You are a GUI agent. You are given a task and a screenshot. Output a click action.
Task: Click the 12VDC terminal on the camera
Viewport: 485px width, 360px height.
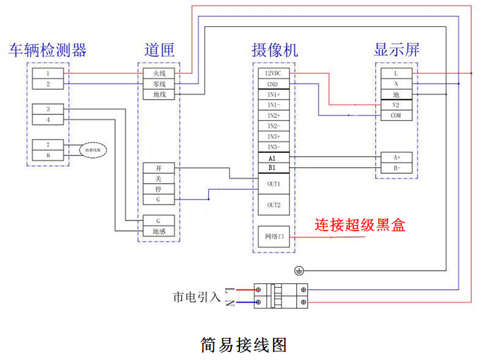click(273, 73)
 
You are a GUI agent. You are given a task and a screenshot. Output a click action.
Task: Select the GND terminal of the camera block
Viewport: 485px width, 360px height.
click(273, 84)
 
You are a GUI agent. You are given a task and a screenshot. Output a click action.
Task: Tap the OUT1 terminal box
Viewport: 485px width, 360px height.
click(273, 184)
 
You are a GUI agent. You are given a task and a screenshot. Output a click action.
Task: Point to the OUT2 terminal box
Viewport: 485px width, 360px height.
click(273, 205)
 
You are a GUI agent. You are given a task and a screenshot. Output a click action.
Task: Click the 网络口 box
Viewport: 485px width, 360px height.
click(274, 237)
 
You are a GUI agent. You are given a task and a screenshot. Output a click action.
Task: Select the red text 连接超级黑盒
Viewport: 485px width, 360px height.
click(360, 225)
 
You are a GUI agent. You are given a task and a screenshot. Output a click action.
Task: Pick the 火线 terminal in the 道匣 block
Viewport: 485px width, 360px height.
click(159, 73)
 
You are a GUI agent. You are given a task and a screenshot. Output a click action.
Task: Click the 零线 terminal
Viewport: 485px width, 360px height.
click(159, 84)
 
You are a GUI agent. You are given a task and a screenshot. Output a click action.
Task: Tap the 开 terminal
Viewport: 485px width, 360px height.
click(159, 168)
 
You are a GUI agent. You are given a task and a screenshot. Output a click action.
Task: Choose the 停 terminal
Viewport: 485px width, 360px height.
click(159, 189)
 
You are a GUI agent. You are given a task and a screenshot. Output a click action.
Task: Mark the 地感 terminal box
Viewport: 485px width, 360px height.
click(159, 231)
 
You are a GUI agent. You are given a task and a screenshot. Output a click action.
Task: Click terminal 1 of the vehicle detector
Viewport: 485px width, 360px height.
click(48, 73)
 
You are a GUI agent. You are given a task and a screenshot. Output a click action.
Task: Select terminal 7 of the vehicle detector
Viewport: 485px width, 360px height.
click(48, 145)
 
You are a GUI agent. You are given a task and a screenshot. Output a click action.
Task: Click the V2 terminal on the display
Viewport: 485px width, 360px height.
click(396, 105)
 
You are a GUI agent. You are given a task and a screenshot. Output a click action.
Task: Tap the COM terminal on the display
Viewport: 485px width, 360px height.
click(396, 115)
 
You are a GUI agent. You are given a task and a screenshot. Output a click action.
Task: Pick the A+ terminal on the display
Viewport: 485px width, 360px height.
click(396, 157)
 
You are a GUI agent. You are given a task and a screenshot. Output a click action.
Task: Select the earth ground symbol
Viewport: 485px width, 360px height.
click(300, 270)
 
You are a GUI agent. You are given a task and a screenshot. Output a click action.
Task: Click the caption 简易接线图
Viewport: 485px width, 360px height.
click(244, 345)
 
